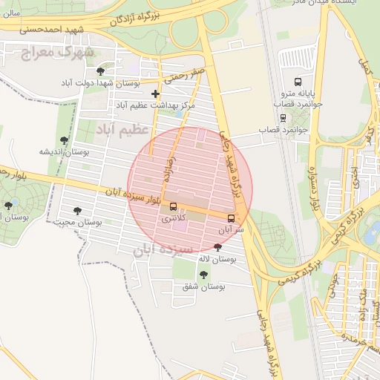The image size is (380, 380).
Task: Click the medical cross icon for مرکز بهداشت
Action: click(x=155, y=94)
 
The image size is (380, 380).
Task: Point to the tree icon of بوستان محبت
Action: click(x=77, y=211)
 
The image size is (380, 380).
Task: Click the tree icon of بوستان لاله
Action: click(x=217, y=247)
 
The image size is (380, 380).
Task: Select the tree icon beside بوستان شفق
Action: click(x=203, y=275)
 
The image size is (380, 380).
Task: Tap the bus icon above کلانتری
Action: click(x=174, y=206)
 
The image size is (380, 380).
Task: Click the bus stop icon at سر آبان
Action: click(x=232, y=218)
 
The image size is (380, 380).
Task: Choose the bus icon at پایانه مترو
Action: click(x=298, y=82)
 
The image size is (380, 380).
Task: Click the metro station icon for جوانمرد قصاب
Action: click(x=283, y=117)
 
